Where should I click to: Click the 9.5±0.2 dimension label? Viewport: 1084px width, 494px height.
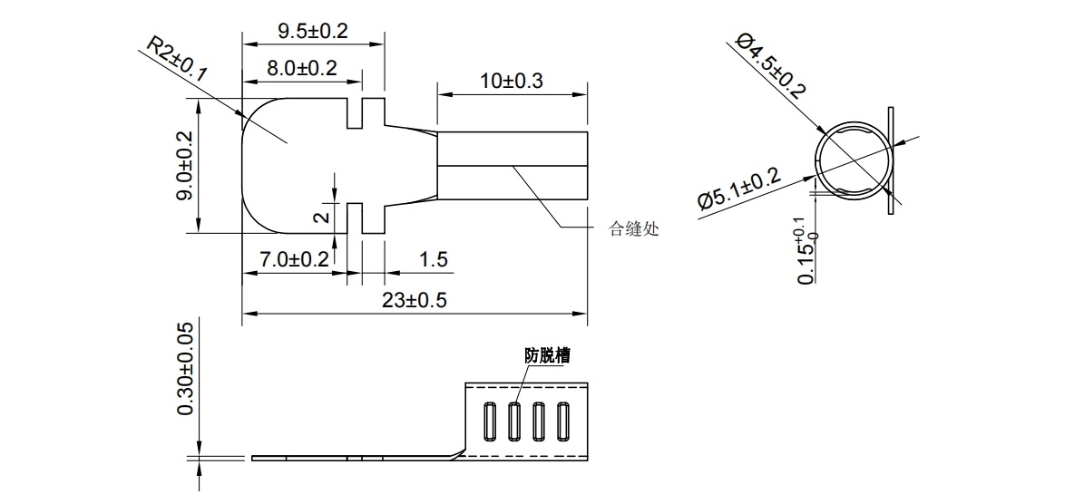pos(313,30)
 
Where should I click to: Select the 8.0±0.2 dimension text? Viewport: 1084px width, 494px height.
pos(302,67)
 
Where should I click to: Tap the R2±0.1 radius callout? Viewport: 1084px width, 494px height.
pos(176,63)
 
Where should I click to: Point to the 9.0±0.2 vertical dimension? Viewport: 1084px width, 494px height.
pos(184,165)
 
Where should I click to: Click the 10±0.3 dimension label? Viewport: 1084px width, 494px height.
pos(512,81)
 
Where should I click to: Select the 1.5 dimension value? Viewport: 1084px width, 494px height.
pos(434,259)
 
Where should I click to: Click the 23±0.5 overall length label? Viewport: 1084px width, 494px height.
pos(413,300)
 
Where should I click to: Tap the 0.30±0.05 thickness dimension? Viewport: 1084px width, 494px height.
pos(185,368)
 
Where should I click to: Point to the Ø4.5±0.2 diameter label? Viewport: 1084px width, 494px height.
pos(770,63)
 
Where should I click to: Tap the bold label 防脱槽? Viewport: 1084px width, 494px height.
pos(547,355)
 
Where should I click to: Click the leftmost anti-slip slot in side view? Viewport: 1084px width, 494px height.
pos(491,421)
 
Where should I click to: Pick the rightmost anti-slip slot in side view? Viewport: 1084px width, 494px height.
pos(562,421)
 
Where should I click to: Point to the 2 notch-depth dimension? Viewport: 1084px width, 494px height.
pos(320,218)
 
